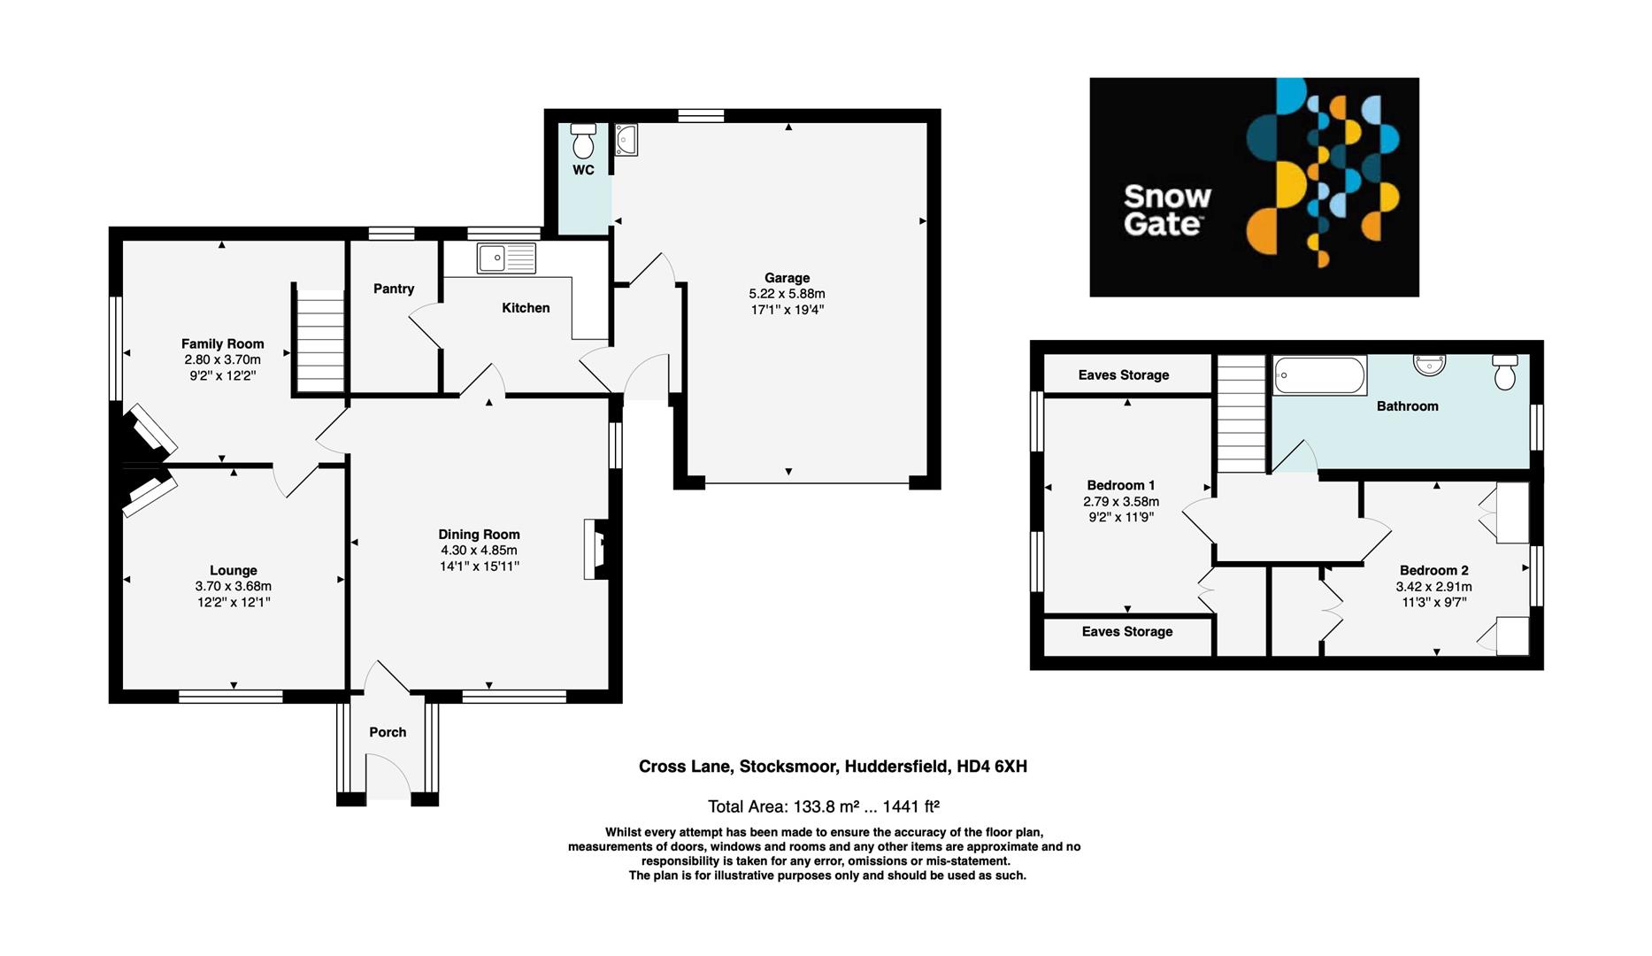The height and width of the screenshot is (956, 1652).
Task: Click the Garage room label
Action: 787,278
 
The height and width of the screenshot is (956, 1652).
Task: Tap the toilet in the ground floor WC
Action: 583,142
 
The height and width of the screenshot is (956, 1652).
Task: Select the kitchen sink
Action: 506,258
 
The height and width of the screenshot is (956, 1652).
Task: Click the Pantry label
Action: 394,289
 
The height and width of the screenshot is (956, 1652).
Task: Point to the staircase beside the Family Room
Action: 319,341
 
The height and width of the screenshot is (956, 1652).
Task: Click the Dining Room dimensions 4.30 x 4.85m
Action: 479,551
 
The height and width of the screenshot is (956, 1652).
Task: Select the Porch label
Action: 388,732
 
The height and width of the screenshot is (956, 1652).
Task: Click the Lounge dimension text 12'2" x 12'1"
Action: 234,602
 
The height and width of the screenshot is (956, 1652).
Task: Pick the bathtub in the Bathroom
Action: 1319,375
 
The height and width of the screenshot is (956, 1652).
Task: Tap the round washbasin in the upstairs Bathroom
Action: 1429,364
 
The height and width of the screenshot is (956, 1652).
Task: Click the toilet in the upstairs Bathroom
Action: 1504,373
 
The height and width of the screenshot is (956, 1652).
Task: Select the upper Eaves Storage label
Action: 1124,375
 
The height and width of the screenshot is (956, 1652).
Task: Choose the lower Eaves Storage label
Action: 1126,632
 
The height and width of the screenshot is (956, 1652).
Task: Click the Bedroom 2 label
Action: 1433,571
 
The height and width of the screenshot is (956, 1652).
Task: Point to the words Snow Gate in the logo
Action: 1166,210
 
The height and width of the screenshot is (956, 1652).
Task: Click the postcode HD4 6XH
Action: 992,767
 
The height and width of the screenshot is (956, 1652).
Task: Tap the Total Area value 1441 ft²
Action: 906,806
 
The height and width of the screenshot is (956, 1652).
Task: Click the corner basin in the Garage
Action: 626,139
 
